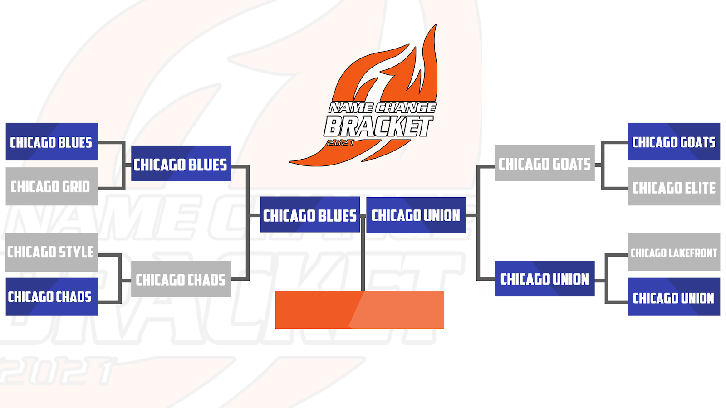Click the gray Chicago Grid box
point(52,186)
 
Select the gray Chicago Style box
point(52,252)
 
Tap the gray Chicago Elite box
point(673,187)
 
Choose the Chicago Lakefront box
point(673,252)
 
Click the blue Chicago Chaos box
point(52,297)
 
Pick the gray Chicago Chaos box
point(181,279)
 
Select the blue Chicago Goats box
point(673,142)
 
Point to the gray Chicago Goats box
point(544,163)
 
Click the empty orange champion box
point(359,310)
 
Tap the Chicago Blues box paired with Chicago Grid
point(52,142)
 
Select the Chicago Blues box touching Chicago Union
point(310,215)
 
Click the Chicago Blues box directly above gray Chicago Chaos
point(181,164)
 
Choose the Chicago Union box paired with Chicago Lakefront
point(673,297)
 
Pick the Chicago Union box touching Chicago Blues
point(416,215)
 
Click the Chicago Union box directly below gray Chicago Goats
point(544,279)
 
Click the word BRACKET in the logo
point(378,126)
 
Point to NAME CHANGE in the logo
point(382,108)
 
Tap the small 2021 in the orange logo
point(340,143)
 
